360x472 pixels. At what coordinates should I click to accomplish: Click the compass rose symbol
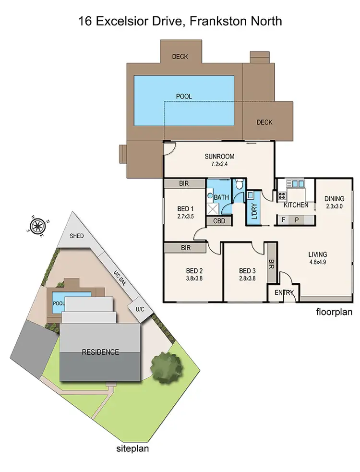tap(38, 225)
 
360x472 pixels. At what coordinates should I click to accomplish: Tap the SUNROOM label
tap(219, 156)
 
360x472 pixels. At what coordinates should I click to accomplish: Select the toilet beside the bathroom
tap(239, 185)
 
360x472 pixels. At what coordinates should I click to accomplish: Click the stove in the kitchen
tap(281, 196)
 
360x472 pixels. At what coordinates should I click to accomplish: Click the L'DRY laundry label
tap(254, 211)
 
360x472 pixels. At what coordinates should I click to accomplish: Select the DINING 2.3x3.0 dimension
tap(334, 206)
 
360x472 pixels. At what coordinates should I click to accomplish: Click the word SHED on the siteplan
tap(77, 236)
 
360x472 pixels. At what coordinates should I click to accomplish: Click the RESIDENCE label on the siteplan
tap(100, 352)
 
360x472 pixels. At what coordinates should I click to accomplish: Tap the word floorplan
tap(334, 312)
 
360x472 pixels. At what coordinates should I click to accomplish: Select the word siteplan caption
tap(133, 449)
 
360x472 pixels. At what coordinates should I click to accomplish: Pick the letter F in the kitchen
tap(284, 220)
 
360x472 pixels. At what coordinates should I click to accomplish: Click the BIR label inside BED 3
tap(272, 264)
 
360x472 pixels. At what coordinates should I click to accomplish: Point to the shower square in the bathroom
tap(213, 209)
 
